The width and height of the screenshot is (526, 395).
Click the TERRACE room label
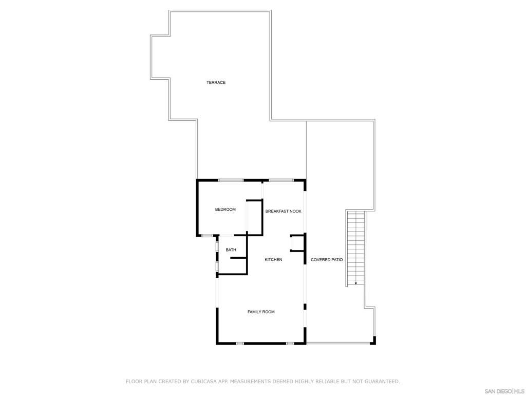pyautogui.click(x=216, y=82)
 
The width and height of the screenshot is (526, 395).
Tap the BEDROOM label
pyautogui.click(x=225, y=209)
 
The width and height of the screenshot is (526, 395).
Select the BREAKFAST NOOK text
pyautogui.click(x=283, y=211)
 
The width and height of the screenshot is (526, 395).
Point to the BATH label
pyautogui.click(x=231, y=250)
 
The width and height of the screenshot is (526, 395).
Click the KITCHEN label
pyautogui.click(x=273, y=260)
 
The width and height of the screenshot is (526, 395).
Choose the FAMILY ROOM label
pyautogui.click(x=261, y=312)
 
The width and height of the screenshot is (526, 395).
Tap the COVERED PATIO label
pyautogui.click(x=327, y=260)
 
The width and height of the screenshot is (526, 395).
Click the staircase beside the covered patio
pyautogui.click(x=356, y=247)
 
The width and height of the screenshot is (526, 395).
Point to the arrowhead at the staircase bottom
pyautogui.click(x=356, y=283)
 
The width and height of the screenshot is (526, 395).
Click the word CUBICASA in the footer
pyautogui.click(x=202, y=382)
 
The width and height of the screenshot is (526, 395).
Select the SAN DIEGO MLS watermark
pyautogui.click(x=505, y=391)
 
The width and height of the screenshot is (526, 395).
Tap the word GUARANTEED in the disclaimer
pyautogui.click(x=382, y=382)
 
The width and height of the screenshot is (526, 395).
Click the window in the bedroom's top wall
pyautogui.click(x=231, y=180)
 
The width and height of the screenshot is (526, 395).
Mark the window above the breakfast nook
pyautogui.click(x=281, y=180)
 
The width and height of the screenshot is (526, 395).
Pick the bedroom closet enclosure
pyautogui.click(x=255, y=216)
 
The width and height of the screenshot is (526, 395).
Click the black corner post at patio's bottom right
pyautogui.click(x=374, y=340)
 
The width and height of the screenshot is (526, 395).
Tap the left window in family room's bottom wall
pyautogui.click(x=239, y=343)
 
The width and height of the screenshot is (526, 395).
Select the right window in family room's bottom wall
pyautogui.click(x=290, y=343)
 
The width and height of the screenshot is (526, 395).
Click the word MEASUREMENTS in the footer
pyautogui.click(x=250, y=382)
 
